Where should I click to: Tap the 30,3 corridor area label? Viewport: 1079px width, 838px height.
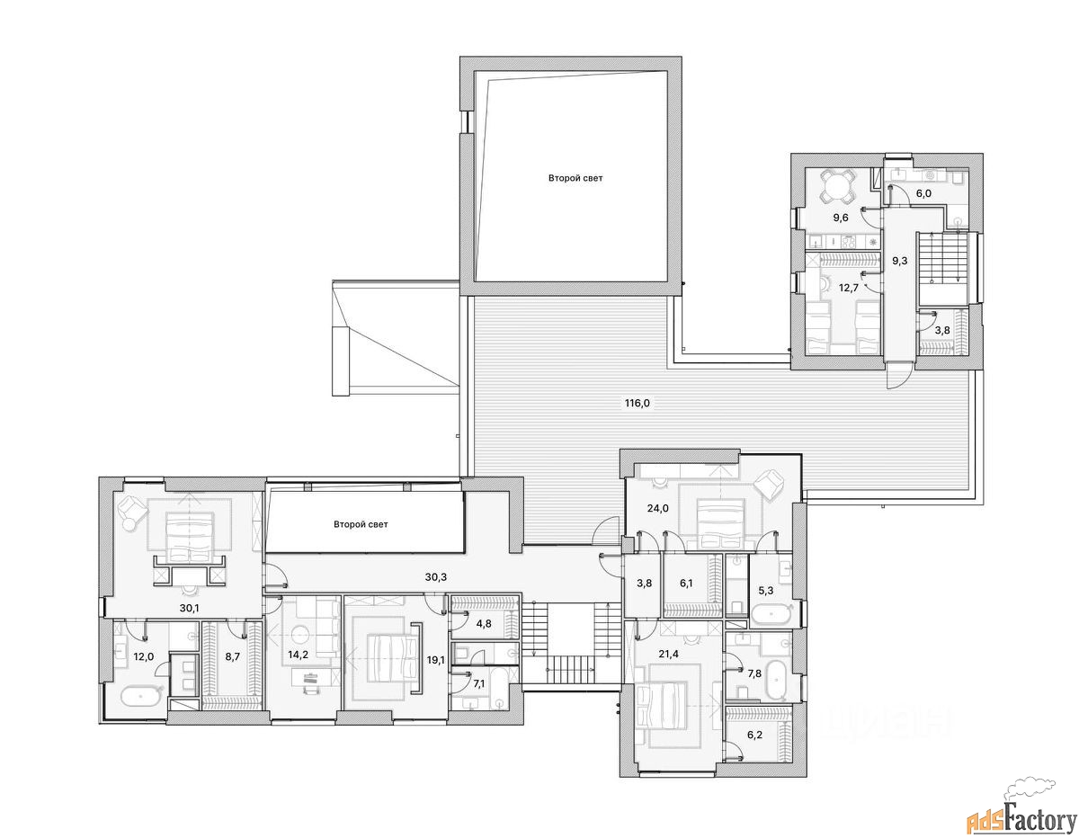tap(435, 577)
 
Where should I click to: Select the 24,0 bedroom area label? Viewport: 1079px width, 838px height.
tap(658, 508)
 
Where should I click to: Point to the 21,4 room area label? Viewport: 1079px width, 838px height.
tap(668, 654)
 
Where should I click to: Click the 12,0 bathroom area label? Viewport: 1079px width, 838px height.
tap(144, 656)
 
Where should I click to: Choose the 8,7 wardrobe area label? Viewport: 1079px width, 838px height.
tap(232, 656)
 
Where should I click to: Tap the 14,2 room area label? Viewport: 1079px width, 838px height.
tap(298, 655)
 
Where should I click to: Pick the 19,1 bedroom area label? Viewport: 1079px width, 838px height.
tap(435, 660)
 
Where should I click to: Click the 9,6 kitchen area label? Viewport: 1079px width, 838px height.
tap(840, 218)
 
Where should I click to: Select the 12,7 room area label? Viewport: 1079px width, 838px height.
tap(849, 288)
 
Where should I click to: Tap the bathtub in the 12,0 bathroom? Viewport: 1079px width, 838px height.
tap(141, 696)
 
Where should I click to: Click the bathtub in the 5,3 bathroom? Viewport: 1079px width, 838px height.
tap(771, 614)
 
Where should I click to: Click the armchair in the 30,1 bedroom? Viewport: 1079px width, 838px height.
tap(133, 508)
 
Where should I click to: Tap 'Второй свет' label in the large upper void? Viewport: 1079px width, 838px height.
tap(575, 178)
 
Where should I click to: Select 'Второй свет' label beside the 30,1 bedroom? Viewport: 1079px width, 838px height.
tap(361, 524)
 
